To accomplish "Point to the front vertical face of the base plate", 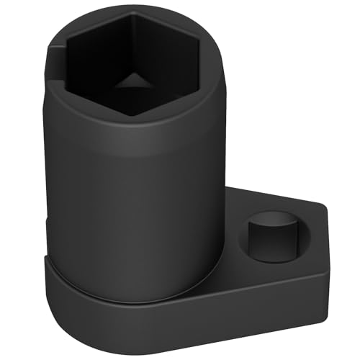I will tap(180, 324).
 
